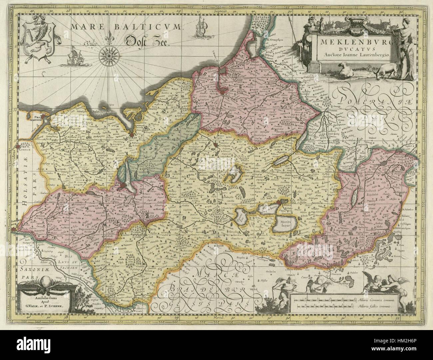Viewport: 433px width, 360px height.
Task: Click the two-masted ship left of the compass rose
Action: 74,55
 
